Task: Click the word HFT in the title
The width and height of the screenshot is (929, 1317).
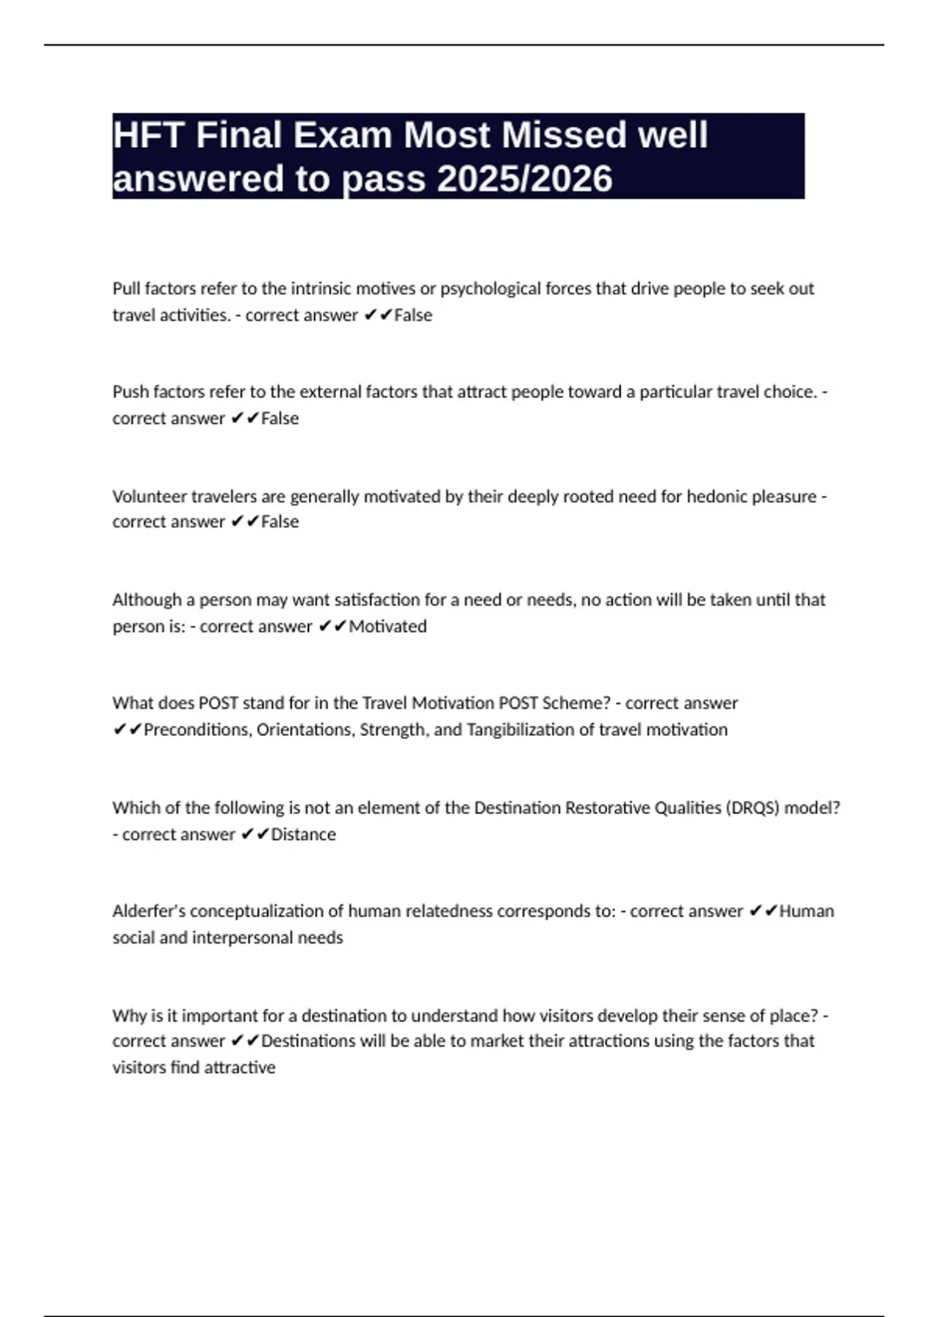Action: pos(148,136)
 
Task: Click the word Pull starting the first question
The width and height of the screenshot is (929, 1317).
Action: pos(126,289)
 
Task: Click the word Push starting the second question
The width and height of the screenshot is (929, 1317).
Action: pos(130,392)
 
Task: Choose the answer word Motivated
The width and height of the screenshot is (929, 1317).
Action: pos(387,626)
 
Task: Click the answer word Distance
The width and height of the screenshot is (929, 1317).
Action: pos(303,834)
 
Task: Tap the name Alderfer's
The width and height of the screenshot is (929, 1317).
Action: pos(149,911)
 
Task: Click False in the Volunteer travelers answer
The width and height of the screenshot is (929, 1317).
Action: pos(279,522)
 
